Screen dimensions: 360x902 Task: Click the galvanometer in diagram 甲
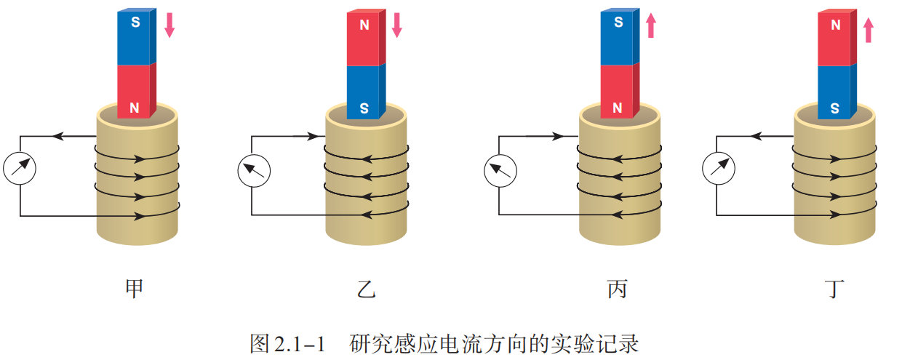[x=20, y=168]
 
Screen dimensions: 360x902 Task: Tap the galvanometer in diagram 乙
[x=253, y=172]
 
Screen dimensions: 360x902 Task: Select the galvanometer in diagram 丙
[x=500, y=172]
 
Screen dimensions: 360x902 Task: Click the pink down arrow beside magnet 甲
[x=169, y=24]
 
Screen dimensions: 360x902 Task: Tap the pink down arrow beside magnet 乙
[x=396, y=24]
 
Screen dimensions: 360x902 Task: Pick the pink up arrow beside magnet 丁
[x=867, y=30]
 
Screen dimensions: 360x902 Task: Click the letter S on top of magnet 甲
[x=135, y=23]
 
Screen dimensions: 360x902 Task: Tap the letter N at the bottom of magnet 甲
[x=135, y=108]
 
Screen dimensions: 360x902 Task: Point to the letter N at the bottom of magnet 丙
[x=618, y=108]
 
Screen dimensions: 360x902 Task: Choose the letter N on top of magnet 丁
[x=835, y=25]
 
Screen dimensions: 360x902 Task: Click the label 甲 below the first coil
[x=134, y=289]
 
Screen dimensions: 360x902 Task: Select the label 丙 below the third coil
[x=617, y=289]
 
